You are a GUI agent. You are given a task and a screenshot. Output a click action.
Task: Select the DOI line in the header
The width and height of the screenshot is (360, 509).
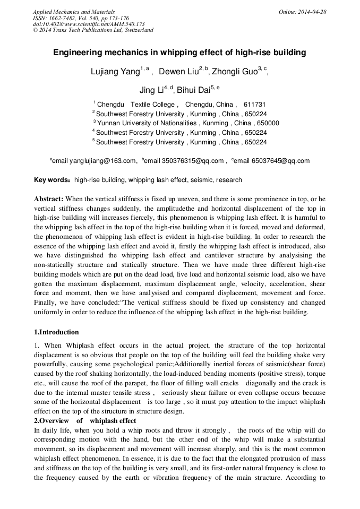click(88, 24)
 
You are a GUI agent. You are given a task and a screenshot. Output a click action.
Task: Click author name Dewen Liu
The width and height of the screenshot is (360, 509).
click(178, 72)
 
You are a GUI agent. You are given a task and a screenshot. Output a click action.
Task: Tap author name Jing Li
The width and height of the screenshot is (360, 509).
click(150, 89)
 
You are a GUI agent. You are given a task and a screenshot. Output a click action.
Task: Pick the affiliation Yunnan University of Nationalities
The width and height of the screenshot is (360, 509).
click(156, 123)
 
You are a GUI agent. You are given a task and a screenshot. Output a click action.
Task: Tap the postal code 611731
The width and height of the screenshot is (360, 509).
click(254, 105)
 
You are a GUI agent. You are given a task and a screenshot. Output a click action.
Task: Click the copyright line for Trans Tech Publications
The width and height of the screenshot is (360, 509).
click(93, 30)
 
